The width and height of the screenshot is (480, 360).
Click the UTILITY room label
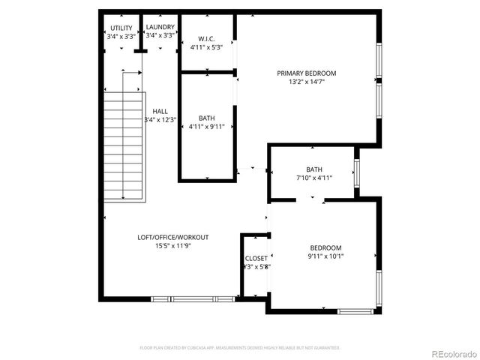click(x=121, y=28)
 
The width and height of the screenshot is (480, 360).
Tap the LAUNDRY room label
click(x=160, y=28)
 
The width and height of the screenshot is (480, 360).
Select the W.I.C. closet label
click(x=207, y=39)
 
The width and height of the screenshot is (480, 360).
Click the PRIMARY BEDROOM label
click(x=307, y=73)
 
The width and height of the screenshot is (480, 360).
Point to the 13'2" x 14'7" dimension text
click(x=307, y=82)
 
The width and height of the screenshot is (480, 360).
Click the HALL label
click(x=160, y=112)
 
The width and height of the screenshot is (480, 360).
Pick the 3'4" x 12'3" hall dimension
click(x=160, y=120)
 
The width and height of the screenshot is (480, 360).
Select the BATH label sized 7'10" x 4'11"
click(x=314, y=169)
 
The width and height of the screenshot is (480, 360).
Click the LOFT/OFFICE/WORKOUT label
click(x=172, y=237)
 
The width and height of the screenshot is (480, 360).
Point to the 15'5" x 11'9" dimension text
click(x=172, y=245)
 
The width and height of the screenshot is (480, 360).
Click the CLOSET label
click(x=256, y=258)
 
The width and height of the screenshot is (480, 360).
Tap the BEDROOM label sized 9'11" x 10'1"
click(x=325, y=247)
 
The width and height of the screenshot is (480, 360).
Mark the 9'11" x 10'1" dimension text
click(x=325, y=256)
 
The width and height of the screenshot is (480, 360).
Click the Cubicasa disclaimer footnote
click(x=240, y=348)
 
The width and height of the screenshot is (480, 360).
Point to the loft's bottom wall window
click(x=193, y=299)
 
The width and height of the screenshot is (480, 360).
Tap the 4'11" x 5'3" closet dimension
click(x=207, y=47)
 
